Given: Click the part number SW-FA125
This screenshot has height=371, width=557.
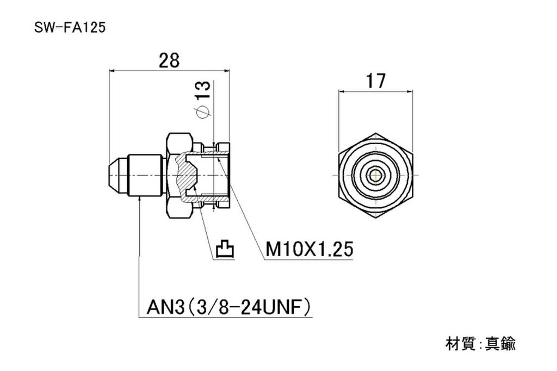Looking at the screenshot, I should (x=69, y=28).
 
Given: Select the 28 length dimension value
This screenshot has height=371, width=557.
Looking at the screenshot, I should (x=169, y=60).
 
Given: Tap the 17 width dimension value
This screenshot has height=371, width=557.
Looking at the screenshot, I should (x=375, y=81).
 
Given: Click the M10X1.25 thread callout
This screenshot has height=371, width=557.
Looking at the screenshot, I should (x=309, y=250).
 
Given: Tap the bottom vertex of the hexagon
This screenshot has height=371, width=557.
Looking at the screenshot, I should (x=375, y=218).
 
